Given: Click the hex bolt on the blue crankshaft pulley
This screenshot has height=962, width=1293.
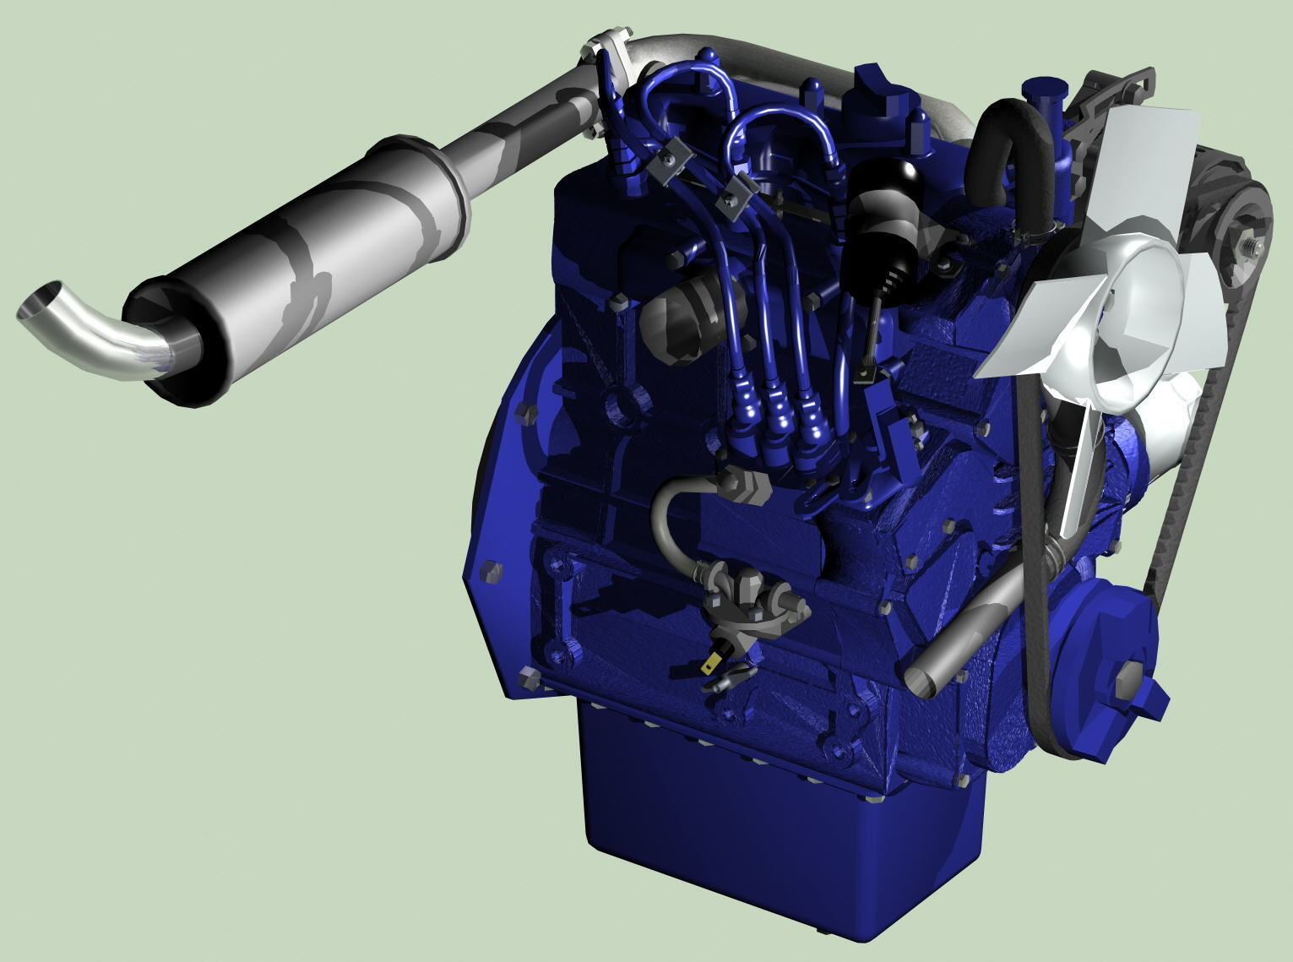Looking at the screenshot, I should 1129,681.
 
